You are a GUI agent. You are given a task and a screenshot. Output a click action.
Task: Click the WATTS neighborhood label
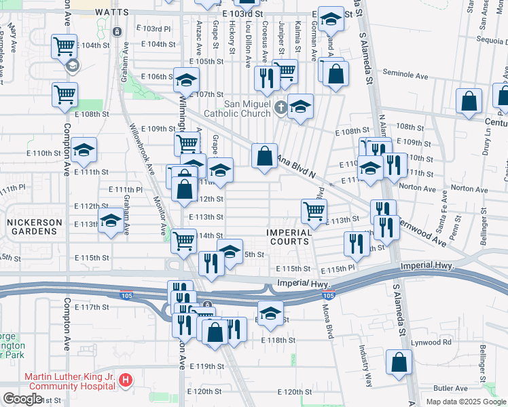[111, 12]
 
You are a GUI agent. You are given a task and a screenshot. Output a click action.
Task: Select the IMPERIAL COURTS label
[289, 237]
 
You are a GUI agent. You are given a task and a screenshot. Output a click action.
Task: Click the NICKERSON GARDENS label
[34, 227]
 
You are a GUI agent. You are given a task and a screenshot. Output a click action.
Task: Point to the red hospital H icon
[126, 382]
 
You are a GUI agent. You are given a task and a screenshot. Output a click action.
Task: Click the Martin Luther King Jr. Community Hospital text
[69, 381]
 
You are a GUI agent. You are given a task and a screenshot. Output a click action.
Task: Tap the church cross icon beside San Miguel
[281, 107]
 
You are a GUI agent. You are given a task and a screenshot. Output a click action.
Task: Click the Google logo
[22, 399]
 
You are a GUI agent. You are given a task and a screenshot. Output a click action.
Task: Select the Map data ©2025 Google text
[466, 402]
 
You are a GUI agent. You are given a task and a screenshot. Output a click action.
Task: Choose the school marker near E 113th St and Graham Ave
[111, 220]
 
